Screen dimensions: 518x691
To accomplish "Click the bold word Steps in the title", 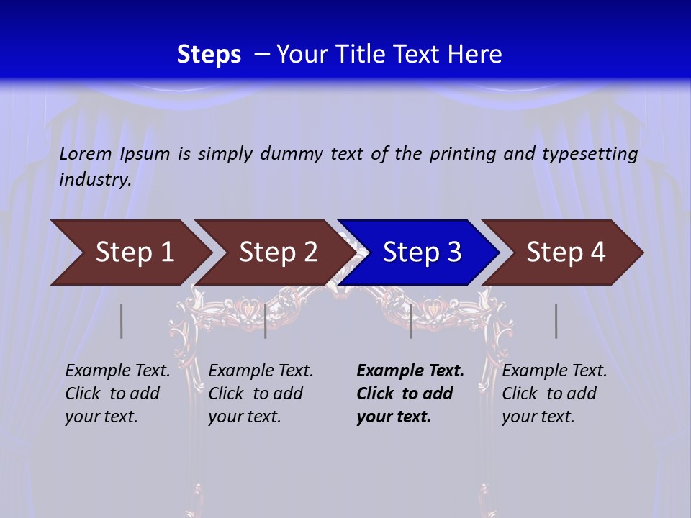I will (209, 55).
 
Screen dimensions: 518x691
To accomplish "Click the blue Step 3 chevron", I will (422, 253).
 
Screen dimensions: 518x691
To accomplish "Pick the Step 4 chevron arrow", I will (566, 253).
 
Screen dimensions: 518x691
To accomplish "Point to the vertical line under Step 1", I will (122, 321).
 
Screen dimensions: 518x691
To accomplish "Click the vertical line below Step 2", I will (266, 321).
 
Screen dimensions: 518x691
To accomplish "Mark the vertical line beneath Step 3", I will (411, 321).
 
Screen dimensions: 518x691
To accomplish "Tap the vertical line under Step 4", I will (556, 321).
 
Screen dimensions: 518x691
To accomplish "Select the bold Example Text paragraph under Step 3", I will (410, 394).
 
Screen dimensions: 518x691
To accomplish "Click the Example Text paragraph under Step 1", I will (117, 394).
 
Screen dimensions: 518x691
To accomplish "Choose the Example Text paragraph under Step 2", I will (261, 394).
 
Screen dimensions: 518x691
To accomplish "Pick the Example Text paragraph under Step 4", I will (554, 394).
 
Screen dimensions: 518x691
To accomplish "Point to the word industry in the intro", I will (94, 180).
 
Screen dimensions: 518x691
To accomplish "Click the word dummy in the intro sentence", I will (291, 154).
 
